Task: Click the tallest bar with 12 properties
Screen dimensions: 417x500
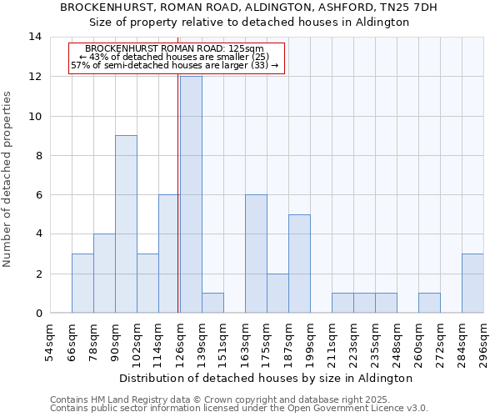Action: (191, 194)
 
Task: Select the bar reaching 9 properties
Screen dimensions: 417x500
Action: (126, 224)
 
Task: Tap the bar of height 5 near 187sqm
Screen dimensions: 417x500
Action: (299, 264)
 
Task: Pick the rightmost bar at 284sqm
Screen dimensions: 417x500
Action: (472, 283)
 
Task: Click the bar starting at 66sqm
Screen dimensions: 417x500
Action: (82, 283)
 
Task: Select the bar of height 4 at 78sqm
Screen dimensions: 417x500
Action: (104, 274)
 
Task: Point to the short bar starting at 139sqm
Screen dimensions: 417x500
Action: (212, 303)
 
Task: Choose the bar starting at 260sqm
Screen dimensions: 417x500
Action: (429, 303)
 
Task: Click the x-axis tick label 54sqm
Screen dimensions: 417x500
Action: (50, 343)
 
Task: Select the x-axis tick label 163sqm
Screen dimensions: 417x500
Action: (245, 343)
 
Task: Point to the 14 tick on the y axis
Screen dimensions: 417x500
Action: (35, 37)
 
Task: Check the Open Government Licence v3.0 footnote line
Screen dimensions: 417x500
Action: (239, 409)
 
